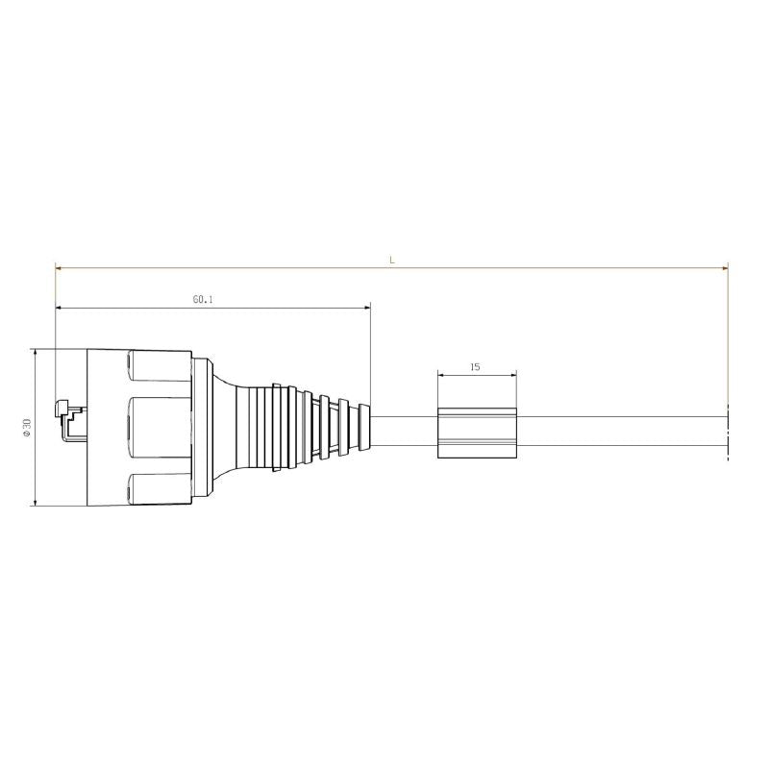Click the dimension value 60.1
tap(202, 300)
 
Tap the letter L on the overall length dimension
tap(391, 260)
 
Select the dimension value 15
tap(476, 366)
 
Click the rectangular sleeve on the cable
tap(477, 433)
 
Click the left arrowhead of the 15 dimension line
tap(441, 374)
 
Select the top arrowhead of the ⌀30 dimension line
tap(36, 353)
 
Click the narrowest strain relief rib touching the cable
tap(364, 429)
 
